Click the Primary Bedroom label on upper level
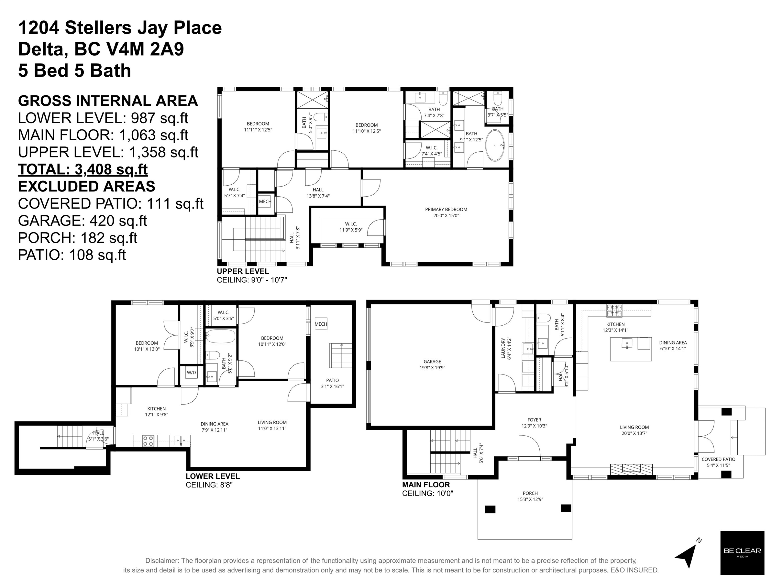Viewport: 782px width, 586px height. (446, 212)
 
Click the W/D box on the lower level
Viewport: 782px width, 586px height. (191, 372)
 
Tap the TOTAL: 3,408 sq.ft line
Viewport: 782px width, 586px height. (83, 169)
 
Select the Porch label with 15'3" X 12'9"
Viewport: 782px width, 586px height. (530, 496)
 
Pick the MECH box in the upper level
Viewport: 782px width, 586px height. (265, 201)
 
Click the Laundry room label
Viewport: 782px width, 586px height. (505, 348)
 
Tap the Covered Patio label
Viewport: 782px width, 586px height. (718, 462)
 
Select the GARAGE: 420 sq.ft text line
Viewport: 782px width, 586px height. (82, 221)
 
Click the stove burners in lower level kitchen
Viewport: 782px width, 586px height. (148, 441)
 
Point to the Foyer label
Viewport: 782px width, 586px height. (534, 423)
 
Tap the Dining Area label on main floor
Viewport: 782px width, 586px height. (673, 345)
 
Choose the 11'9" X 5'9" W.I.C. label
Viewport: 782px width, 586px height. (351, 227)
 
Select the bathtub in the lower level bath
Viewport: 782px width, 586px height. (220, 336)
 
